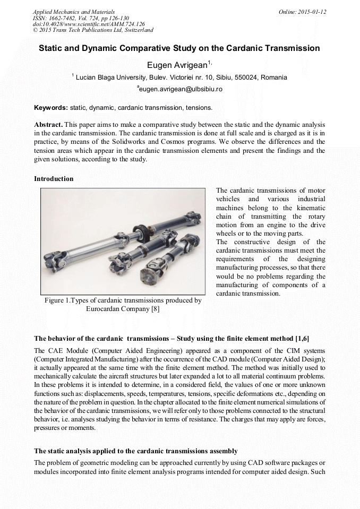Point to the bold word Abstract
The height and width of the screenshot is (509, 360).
coord(48,124)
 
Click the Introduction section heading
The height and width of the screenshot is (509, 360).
coord(54,179)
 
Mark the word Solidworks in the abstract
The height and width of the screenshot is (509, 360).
coord(150,142)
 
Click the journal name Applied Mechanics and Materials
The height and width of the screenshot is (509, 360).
coord(73,11)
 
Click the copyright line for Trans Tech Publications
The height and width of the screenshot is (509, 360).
coord(93,30)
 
